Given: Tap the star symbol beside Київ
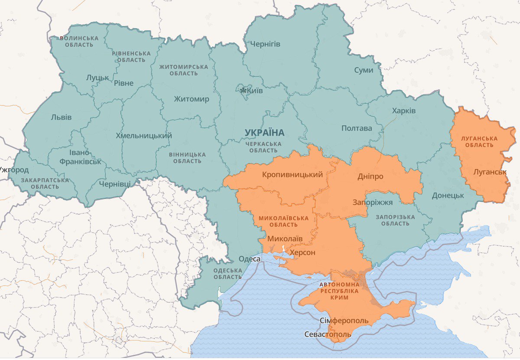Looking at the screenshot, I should [244, 91].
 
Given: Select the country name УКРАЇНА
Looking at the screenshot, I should [264, 132].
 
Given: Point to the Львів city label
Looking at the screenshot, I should [61, 117].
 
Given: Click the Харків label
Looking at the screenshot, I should [403, 111].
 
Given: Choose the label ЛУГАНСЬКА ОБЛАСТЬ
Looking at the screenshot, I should [479, 141].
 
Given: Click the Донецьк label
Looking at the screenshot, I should [448, 195].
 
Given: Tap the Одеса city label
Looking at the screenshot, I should [250, 259].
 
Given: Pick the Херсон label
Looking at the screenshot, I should [302, 252].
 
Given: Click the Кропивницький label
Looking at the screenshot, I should [292, 175].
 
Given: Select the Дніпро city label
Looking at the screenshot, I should [370, 177].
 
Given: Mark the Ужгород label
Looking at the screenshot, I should [14, 170].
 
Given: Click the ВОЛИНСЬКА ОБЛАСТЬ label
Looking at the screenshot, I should [79, 41].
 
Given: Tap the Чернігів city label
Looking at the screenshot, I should [265, 44].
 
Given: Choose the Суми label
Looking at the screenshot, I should [363, 70].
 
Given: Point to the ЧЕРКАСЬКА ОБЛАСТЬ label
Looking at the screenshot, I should [263, 147].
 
